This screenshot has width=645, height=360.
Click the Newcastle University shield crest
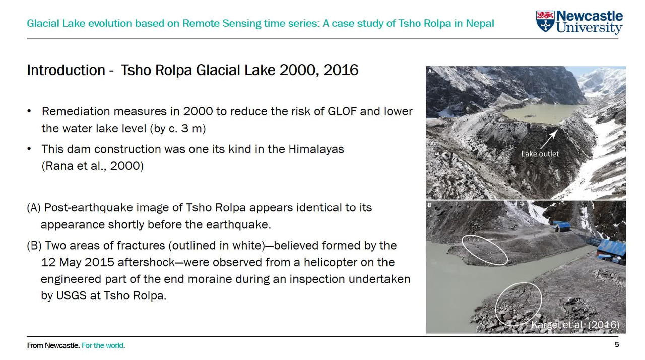pos(545,22)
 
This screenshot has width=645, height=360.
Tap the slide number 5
pos(616,345)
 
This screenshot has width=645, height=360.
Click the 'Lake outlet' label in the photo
pos(540,154)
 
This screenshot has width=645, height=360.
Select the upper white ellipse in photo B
pos(485,250)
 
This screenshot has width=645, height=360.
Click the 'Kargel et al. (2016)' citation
pos(574,325)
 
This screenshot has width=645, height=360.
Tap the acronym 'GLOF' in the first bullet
pos(342,111)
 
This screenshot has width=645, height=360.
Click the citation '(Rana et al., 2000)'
pos(92,166)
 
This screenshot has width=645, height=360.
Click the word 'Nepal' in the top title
pos(480,24)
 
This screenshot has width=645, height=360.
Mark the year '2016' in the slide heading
pos(341,70)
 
